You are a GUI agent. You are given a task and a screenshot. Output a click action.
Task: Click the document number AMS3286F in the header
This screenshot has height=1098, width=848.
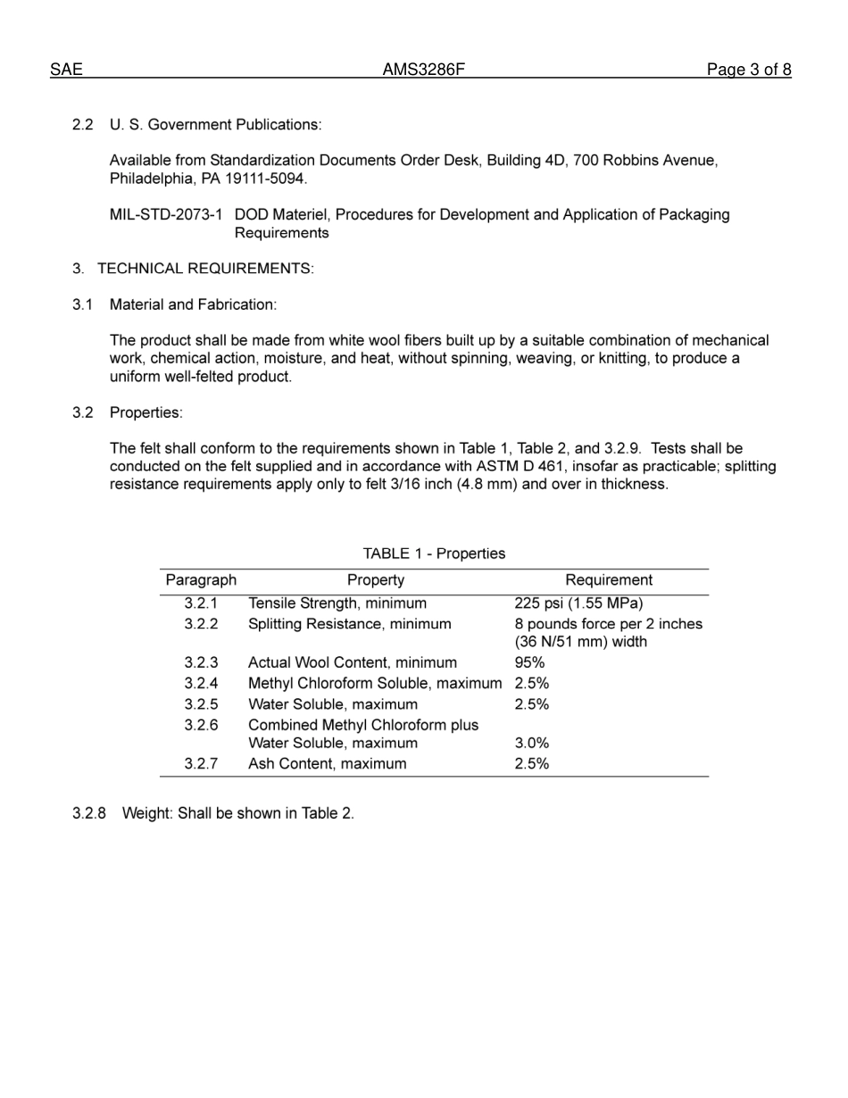pyautogui.click(x=423, y=70)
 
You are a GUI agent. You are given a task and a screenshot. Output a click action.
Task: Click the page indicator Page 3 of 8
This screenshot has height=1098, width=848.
pyautogui.click(x=748, y=70)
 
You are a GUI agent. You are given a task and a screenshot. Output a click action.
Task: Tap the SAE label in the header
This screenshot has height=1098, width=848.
pyautogui.click(x=66, y=70)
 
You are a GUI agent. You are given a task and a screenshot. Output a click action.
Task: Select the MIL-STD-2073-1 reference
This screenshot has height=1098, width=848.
pyautogui.click(x=166, y=215)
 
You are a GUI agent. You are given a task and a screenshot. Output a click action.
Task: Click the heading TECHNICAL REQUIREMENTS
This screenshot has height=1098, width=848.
pyautogui.click(x=205, y=269)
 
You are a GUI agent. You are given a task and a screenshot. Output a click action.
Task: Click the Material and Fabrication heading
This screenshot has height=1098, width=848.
pyautogui.click(x=193, y=304)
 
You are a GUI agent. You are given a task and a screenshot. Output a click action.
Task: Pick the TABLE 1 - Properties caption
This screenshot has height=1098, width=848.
pyautogui.click(x=434, y=553)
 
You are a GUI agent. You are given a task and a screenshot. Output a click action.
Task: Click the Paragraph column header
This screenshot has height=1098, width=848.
pyautogui.click(x=201, y=580)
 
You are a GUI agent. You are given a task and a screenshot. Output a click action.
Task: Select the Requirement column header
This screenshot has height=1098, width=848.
pyautogui.click(x=609, y=580)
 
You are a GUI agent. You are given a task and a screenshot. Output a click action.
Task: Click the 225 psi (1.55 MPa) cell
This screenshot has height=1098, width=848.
pyautogui.click(x=578, y=603)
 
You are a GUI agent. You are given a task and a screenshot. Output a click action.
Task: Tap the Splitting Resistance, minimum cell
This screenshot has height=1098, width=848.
pyautogui.click(x=349, y=624)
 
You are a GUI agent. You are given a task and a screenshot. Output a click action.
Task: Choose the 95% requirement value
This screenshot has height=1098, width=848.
pyautogui.click(x=529, y=662)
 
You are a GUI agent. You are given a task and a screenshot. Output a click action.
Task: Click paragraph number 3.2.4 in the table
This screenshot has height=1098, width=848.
pyautogui.click(x=201, y=684)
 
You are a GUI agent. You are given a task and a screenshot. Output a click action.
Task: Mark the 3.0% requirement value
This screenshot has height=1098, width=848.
pyautogui.click(x=531, y=743)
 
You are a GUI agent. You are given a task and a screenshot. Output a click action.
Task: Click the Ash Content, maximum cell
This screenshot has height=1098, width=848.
pyautogui.click(x=327, y=764)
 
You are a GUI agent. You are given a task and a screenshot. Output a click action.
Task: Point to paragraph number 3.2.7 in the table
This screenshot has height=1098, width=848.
pyautogui.click(x=201, y=764)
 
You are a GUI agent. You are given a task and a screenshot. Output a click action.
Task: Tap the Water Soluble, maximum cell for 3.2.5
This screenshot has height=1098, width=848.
pyautogui.click(x=332, y=704)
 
